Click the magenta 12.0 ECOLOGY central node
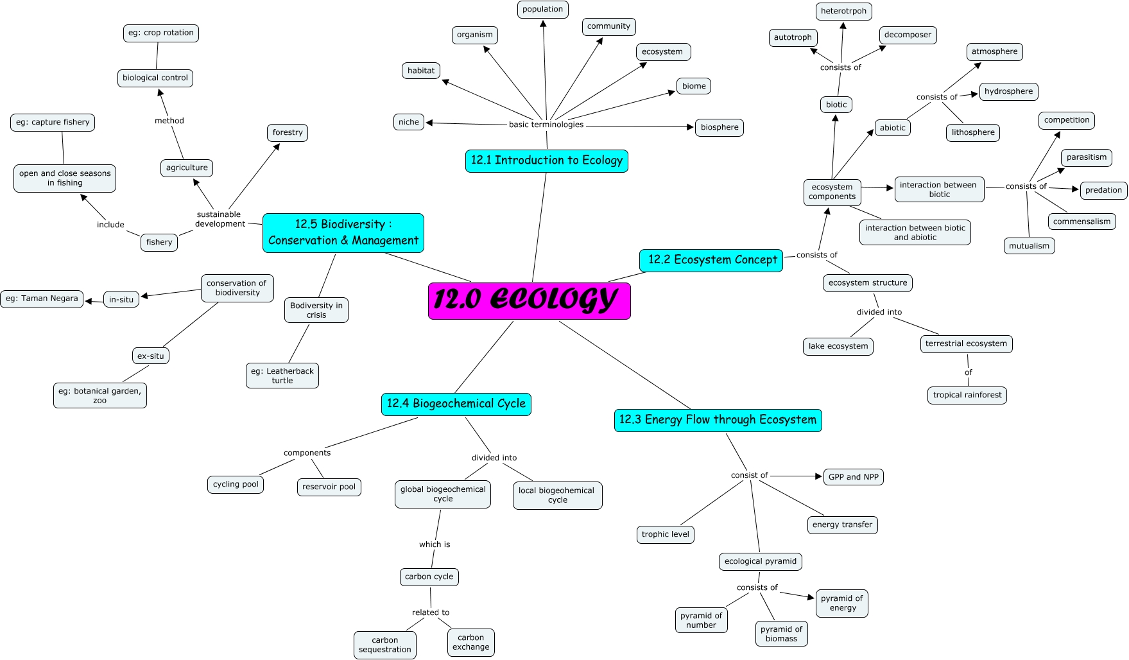tap(529, 300)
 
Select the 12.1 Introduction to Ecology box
tap(546, 161)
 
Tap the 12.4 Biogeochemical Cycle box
tap(456, 404)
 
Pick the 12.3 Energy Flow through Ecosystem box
tap(718, 420)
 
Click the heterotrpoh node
tap(843, 12)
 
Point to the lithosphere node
tap(972, 133)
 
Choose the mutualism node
tap(1029, 246)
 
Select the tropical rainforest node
tap(967, 395)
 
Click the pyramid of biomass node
tap(781, 634)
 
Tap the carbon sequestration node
tap(384, 645)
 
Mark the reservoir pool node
tap(329, 487)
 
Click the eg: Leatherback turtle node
tap(282, 376)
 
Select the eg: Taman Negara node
tap(42, 299)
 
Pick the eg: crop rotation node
tap(160, 33)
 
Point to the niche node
tap(408, 122)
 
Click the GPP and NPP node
tap(853, 477)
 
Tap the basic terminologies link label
tap(546, 125)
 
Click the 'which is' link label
tap(435, 544)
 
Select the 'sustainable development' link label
tap(220, 219)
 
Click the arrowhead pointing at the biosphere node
tap(690, 127)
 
